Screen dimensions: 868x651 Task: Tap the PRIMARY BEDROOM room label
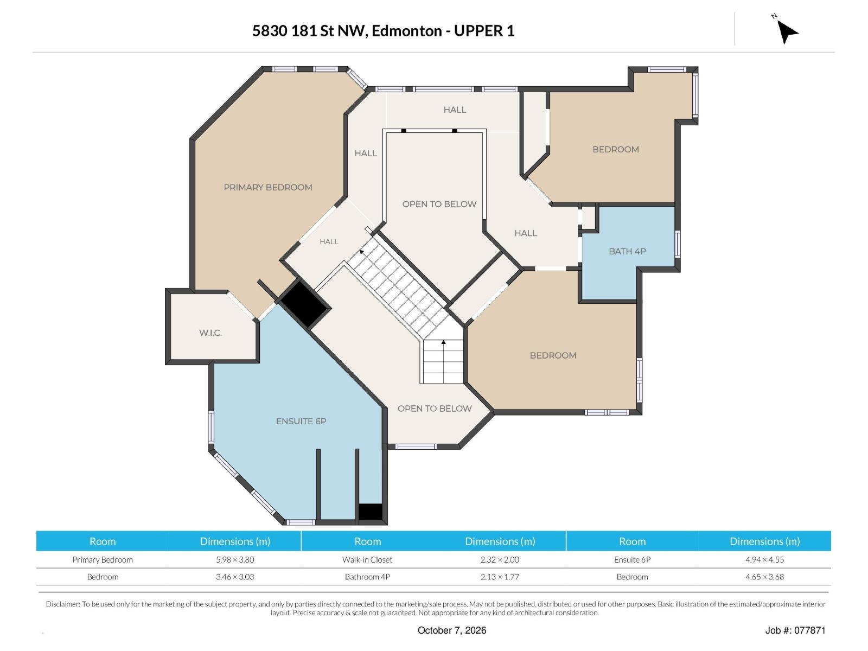coord(267,187)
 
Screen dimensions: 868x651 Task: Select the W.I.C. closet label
coord(210,333)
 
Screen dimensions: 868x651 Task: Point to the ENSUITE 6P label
coord(301,422)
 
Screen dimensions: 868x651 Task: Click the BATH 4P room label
coord(627,251)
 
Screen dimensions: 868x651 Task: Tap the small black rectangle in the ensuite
coord(370,512)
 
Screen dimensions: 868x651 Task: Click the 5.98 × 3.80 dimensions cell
coord(235,560)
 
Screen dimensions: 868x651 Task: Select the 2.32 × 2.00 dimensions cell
coord(500,560)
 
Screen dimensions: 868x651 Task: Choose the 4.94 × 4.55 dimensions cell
coord(764,560)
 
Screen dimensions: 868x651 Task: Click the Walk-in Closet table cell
coord(367,560)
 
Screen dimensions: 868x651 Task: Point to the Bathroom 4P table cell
coord(367,577)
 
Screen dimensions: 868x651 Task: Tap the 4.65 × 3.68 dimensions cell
coord(764,577)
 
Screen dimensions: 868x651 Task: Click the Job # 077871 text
coord(795,630)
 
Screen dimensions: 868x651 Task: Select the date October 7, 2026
coord(452,630)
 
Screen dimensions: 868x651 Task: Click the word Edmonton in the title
coord(406,31)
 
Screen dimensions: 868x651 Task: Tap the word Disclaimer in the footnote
coord(63,604)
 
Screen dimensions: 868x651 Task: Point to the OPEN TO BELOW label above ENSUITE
coord(435,409)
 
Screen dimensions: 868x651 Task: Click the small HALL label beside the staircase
coord(329,241)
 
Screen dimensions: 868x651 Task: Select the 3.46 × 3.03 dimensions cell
coord(235,577)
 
